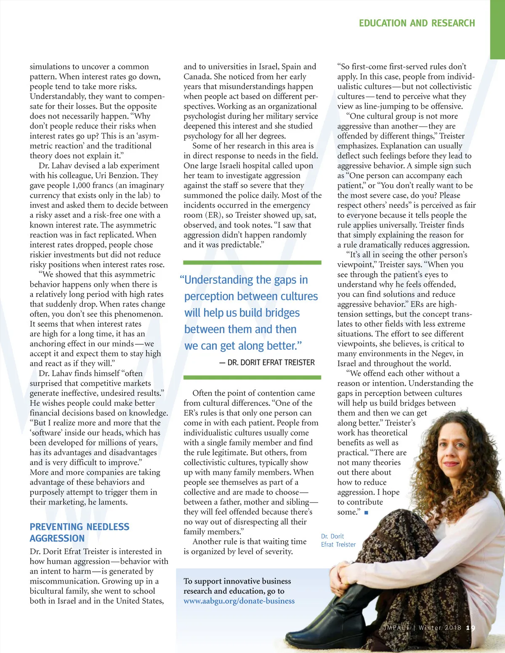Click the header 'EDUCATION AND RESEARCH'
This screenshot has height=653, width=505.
417,23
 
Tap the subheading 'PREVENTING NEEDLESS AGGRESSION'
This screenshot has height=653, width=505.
79,532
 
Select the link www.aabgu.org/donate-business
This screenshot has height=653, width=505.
239,601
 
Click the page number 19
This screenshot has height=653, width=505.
471,628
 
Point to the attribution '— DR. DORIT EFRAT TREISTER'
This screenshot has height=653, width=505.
267,362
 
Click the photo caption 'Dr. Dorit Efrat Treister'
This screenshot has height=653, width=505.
338,540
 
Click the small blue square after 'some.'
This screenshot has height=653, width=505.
367,513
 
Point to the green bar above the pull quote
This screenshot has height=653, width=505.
252,262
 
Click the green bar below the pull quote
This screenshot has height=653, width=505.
252,378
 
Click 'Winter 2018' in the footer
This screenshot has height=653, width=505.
440,628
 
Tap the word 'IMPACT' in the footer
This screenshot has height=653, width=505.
397,628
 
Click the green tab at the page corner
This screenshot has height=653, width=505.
497,29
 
